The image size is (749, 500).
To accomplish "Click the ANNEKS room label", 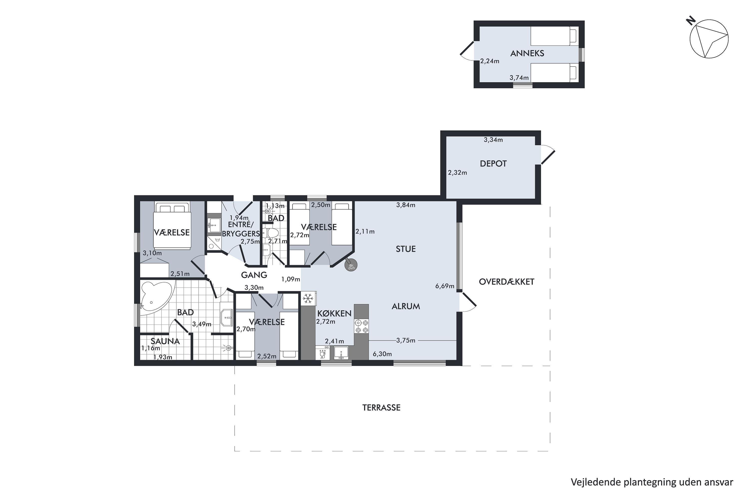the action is (x=527, y=53).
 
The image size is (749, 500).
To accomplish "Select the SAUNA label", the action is (x=165, y=341).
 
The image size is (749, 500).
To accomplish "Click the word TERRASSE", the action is (x=381, y=407).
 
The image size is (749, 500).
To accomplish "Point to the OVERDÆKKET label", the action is (x=506, y=281).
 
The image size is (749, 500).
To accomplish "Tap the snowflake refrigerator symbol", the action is (x=308, y=299).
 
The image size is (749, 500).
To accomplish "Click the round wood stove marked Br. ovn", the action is (x=351, y=265).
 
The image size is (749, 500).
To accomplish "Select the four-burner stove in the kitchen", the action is (x=362, y=326).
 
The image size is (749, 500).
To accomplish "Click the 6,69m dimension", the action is (x=445, y=286).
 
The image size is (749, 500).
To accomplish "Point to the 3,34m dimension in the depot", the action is (x=493, y=140).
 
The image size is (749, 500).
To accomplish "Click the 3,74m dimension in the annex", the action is (x=519, y=77).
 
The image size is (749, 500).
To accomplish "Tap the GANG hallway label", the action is (x=254, y=275).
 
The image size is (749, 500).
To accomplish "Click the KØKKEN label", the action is (x=334, y=313).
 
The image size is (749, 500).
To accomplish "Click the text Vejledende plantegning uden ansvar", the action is (x=652, y=482).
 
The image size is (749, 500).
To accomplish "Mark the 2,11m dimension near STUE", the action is (x=365, y=231).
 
